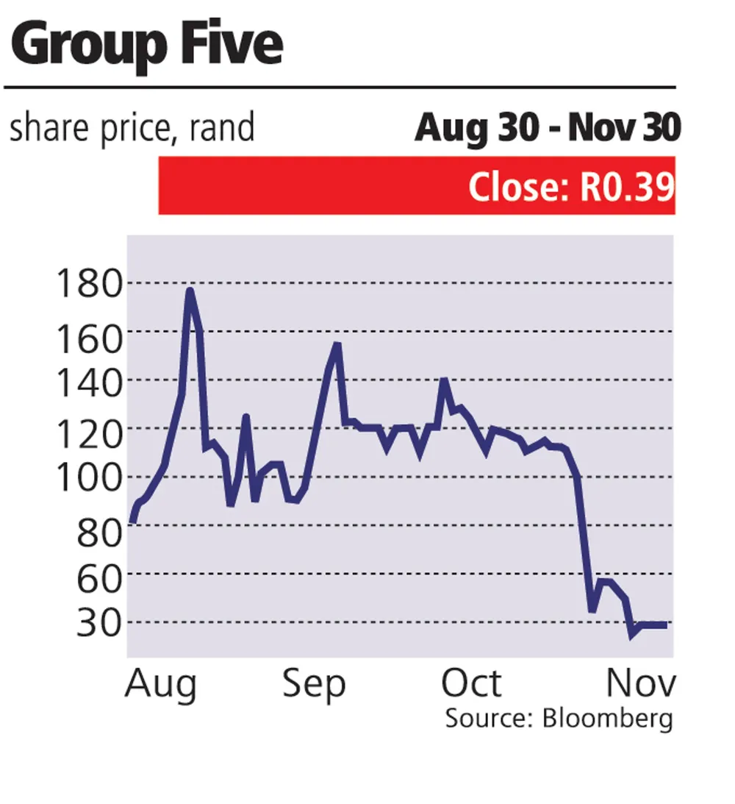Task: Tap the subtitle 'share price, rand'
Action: point(132,128)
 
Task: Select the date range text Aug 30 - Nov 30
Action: point(548,128)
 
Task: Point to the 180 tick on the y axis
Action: point(89,283)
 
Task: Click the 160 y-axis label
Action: point(89,338)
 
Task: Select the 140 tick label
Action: point(89,383)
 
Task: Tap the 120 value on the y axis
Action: point(89,434)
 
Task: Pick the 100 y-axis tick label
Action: point(89,478)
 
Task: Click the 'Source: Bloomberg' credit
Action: point(559,719)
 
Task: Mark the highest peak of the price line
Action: point(190,291)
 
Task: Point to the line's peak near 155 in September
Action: point(337,344)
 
